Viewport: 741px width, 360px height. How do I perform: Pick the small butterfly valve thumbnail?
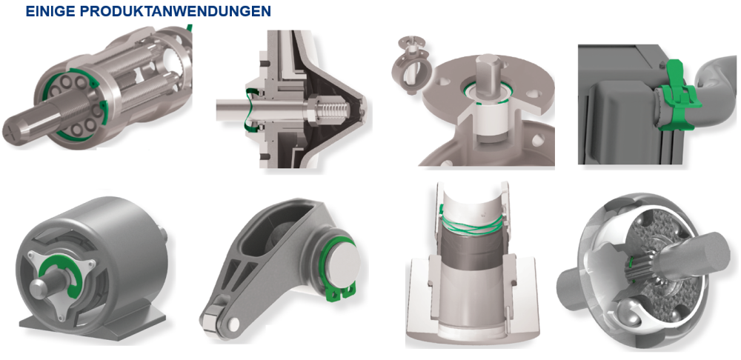tap(406, 64)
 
